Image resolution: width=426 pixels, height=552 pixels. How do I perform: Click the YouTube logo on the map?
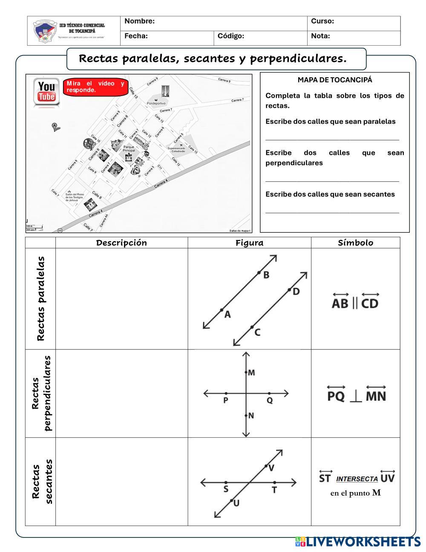[46, 91]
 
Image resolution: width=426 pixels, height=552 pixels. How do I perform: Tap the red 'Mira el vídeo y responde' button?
[95, 87]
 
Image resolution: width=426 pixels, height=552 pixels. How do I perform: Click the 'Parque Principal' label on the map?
[129, 149]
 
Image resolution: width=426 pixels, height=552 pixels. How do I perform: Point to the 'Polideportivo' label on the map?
[156, 103]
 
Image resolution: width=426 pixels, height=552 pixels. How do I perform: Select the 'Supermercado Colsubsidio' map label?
[176, 150]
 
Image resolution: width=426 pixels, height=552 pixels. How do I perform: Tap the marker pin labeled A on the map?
[55, 126]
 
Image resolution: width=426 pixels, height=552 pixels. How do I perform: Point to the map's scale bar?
[34, 228]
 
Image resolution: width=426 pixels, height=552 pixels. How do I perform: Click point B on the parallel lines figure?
[259, 273]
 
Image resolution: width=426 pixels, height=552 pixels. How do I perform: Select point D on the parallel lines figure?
[289, 290]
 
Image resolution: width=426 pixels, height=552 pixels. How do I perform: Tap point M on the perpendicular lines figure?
[246, 372]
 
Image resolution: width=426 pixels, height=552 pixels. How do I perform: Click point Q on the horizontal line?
[269, 393]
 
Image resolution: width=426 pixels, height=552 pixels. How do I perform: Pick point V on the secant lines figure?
[266, 466]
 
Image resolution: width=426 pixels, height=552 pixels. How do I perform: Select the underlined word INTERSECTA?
[357, 479]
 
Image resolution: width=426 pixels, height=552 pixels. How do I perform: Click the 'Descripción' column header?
[121, 243]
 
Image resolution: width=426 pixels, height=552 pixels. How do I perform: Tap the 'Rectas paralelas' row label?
[41, 299]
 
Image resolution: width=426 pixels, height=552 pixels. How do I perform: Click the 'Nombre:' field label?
[140, 21]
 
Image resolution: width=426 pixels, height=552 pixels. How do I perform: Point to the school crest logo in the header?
[44, 31]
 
